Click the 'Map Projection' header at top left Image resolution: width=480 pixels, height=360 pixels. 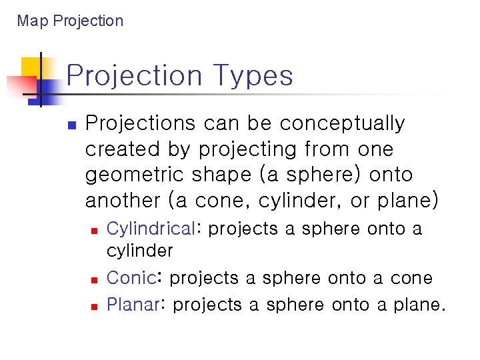point(70,21)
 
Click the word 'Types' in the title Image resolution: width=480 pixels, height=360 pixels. point(254,75)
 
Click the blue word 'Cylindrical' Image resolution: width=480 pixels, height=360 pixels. point(151,229)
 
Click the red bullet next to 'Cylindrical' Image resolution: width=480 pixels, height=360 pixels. point(94,230)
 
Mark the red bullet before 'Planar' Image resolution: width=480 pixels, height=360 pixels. point(94,306)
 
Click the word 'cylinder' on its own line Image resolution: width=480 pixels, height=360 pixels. point(139,251)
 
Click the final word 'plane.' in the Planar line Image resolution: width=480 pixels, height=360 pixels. point(420,305)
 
